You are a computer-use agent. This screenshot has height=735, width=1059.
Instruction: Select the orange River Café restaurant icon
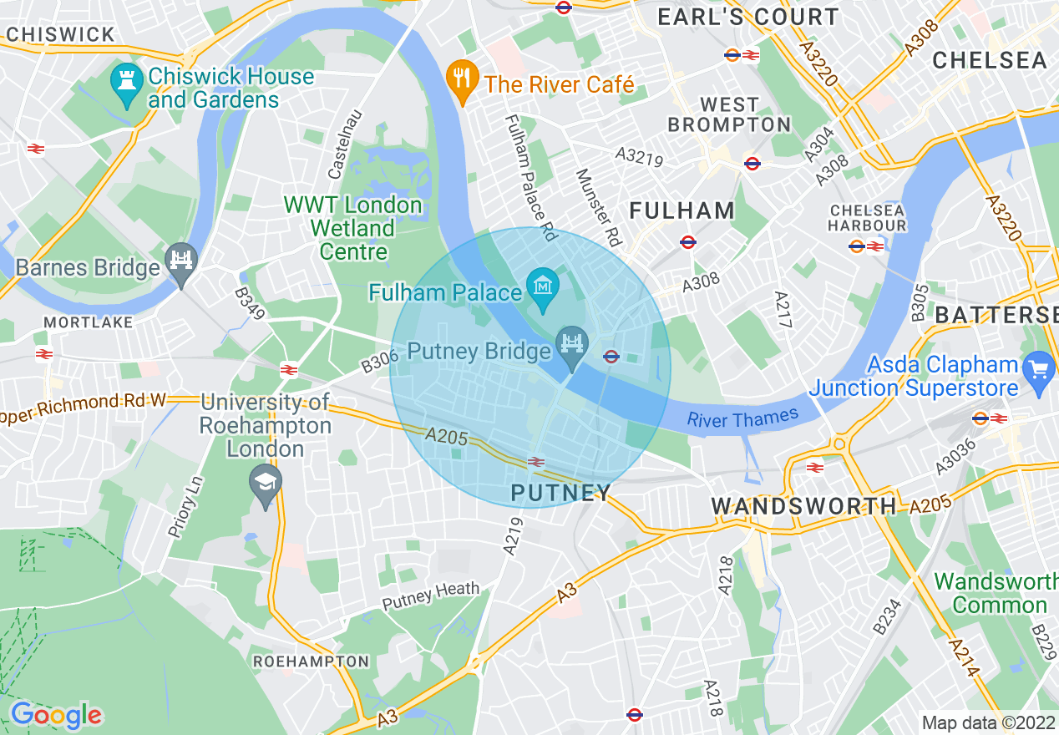pos(461,80)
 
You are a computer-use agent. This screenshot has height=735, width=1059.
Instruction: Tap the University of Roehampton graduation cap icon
pos(266,484)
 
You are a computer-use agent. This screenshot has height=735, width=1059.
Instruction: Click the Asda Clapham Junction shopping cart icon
pos(1039,367)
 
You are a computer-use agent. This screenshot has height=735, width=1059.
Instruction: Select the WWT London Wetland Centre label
pos(353,228)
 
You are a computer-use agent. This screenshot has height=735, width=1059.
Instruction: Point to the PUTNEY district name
pos(561,493)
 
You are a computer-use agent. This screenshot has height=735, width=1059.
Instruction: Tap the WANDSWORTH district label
pos(803,506)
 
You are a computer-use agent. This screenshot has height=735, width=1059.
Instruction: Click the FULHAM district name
pos(682,210)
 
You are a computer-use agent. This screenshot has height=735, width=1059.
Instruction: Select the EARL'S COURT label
pos(748,17)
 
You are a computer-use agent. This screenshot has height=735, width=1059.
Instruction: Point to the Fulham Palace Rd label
pos(529,178)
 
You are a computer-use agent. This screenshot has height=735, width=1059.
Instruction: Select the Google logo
pos(56,715)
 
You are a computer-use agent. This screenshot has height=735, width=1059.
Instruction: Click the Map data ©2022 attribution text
pos(988,722)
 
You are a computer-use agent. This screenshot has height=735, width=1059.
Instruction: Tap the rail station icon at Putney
pos(536,461)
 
